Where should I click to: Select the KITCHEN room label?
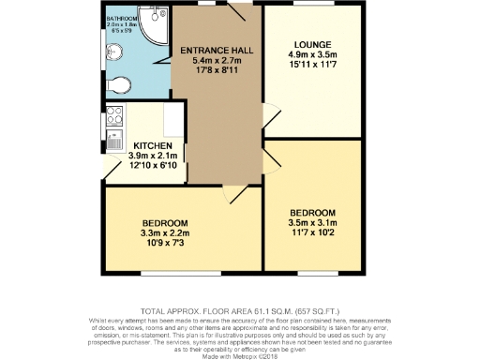[152, 146]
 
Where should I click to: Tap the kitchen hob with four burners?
[115, 117]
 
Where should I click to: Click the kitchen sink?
[112, 142]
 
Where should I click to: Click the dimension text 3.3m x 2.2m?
[165, 232]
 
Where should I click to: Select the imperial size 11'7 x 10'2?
[314, 232]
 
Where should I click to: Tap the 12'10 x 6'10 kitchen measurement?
[152, 166]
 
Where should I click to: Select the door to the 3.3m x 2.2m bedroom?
[232, 192]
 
